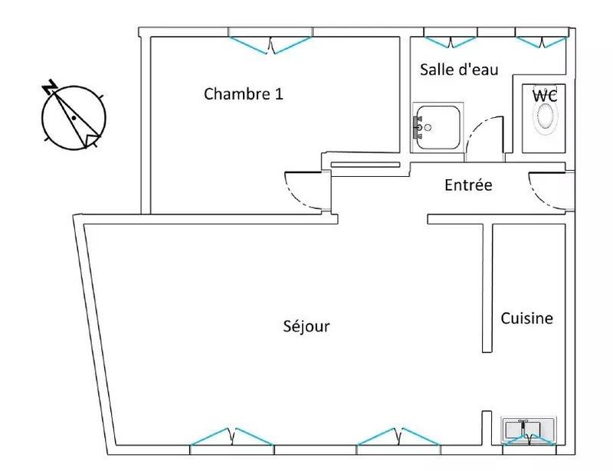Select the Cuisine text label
coord(526,318)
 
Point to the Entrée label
coord(468,185)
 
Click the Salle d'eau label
coord(460,70)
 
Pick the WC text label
coord(545,96)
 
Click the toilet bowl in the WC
coord(546,117)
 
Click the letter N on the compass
coord(51,87)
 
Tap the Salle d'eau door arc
coord(483,135)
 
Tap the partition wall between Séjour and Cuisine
coord(487,287)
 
